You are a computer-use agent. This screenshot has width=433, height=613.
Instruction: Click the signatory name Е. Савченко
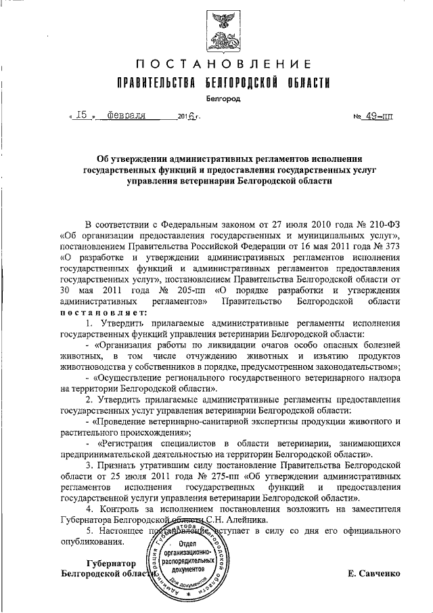[x=373, y=574]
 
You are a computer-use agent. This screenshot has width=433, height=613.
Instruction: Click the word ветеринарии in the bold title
[x=198, y=182]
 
